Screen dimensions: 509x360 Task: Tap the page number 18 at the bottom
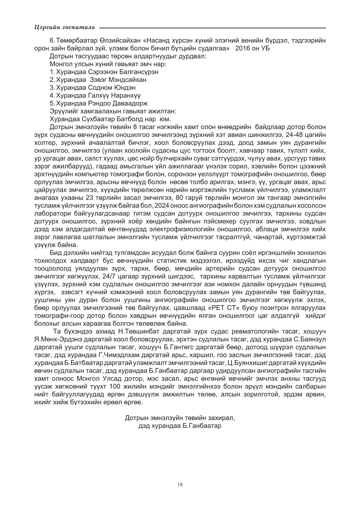180,485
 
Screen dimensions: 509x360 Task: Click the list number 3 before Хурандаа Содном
51,88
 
